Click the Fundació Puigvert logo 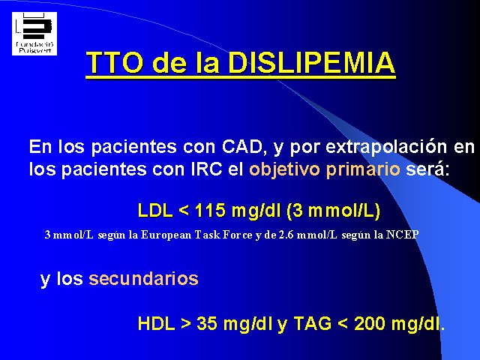pos(34,34)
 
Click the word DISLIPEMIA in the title pos(312,63)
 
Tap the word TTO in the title pos(115,63)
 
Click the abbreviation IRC pos(206,169)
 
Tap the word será pos(427,169)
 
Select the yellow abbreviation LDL pos(155,211)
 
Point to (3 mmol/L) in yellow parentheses pos(334,211)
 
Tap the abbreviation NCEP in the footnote pos(402,235)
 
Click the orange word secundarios pos(143,279)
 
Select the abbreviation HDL pos(157,323)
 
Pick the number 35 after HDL pos(207,323)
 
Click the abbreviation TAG pos(313,323)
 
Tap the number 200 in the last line pos(369,323)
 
